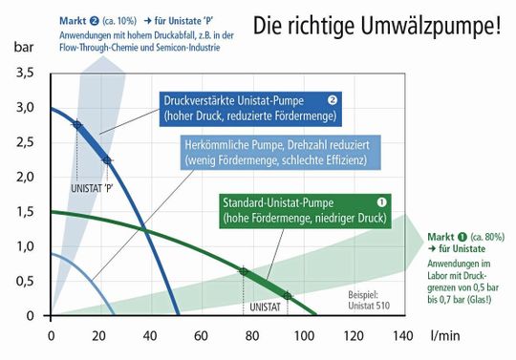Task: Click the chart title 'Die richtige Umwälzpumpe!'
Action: point(376,25)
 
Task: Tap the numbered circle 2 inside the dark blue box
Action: point(332,98)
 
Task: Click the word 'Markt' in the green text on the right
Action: point(441,236)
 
